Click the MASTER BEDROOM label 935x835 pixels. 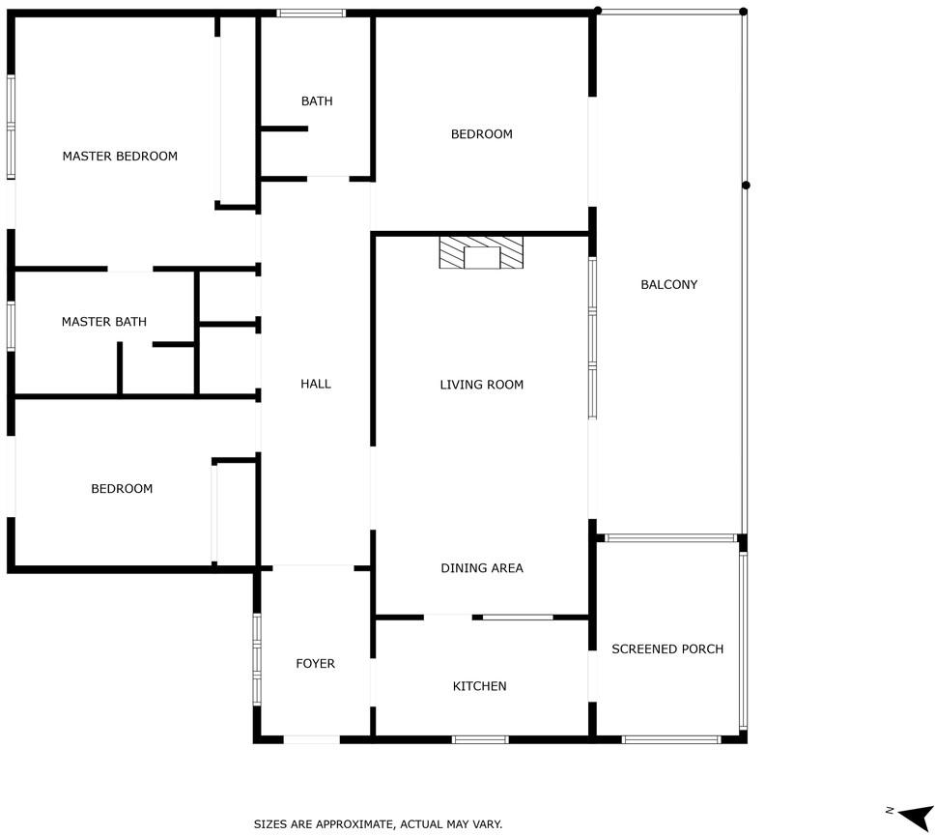[120, 157]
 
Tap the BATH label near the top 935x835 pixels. [317, 101]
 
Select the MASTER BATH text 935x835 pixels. [103, 322]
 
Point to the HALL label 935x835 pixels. [316, 384]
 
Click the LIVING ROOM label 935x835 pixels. [482, 385]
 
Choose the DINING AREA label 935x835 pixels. [482, 568]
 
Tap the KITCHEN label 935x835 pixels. [479, 686]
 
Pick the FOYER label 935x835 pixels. [316, 664]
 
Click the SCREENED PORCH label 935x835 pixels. [667, 648]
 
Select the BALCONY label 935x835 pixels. [669, 284]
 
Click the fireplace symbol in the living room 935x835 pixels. [481, 252]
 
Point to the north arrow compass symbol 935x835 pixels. [912, 815]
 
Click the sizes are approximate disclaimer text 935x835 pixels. [378, 824]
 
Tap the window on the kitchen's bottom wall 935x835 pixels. [480, 739]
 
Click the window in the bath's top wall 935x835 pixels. [311, 14]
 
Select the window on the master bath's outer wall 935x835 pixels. [11, 326]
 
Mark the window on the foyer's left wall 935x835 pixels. [257, 659]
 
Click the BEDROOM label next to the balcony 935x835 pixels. [482, 134]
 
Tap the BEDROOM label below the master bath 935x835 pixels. [122, 489]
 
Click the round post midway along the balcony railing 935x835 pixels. [746, 186]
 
